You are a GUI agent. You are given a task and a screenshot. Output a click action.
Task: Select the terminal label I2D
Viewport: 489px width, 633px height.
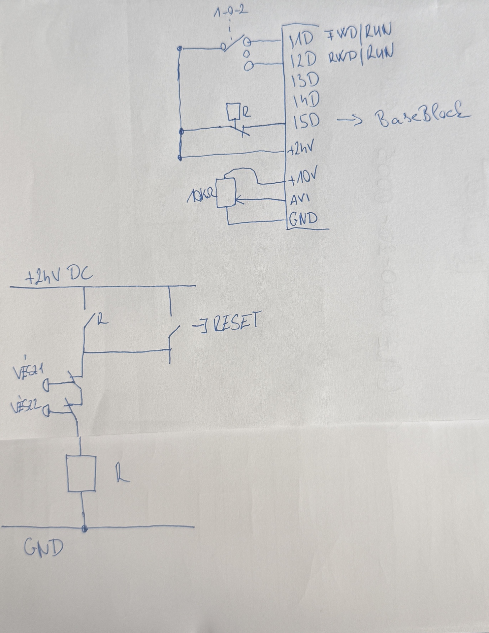click(x=304, y=60)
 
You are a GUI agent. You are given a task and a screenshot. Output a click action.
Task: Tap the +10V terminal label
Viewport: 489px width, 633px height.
click(x=302, y=180)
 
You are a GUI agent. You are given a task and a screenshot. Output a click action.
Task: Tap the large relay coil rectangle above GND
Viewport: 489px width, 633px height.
click(x=81, y=473)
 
